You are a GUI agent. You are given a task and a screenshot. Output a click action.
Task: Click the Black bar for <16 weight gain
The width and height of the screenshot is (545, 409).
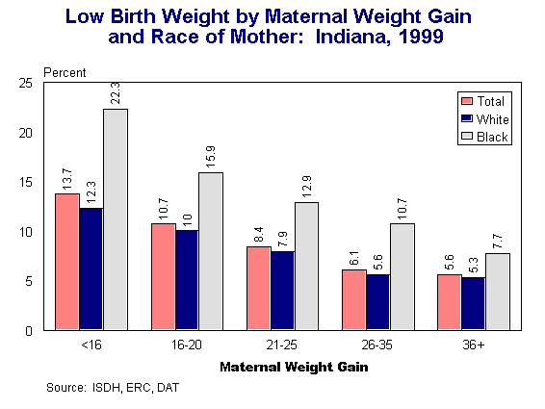(116, 219)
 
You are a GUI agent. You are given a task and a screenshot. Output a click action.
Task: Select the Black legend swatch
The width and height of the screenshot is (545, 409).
(468, 137)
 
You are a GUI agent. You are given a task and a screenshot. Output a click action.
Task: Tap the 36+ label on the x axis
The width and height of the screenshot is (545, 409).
(474, 345)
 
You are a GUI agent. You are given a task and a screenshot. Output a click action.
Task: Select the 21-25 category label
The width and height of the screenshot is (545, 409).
(283, 345)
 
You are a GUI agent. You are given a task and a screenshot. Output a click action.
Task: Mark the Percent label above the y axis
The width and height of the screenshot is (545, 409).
(65, 73)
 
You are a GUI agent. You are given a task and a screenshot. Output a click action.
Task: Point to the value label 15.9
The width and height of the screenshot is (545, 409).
(211, 156)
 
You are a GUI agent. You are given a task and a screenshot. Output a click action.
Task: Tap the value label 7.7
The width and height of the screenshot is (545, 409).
(498, 238)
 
